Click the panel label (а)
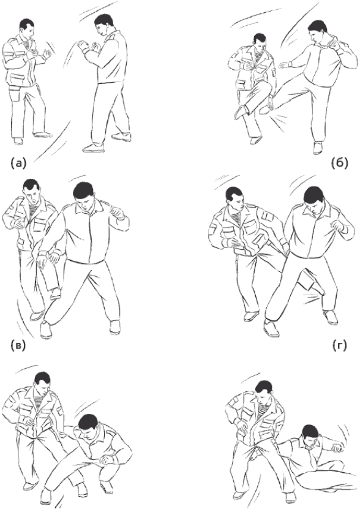coord(18,163)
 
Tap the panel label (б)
coord(339,163)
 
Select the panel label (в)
coord(18,345)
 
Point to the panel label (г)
coord(340,345)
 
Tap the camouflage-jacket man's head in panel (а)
coord(28,29)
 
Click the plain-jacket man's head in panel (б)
coord(318,32)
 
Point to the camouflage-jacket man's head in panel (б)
coord(260,42)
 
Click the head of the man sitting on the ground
coord(310,437)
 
